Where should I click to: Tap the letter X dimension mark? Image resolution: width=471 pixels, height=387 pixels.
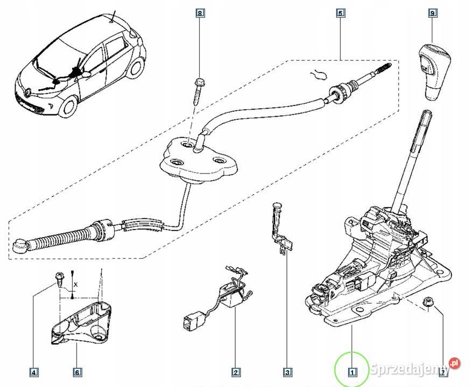point(77,283)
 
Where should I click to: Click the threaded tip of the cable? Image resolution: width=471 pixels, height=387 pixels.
point(383,69)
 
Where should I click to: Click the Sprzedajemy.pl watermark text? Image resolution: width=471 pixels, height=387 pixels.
point(414,369)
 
